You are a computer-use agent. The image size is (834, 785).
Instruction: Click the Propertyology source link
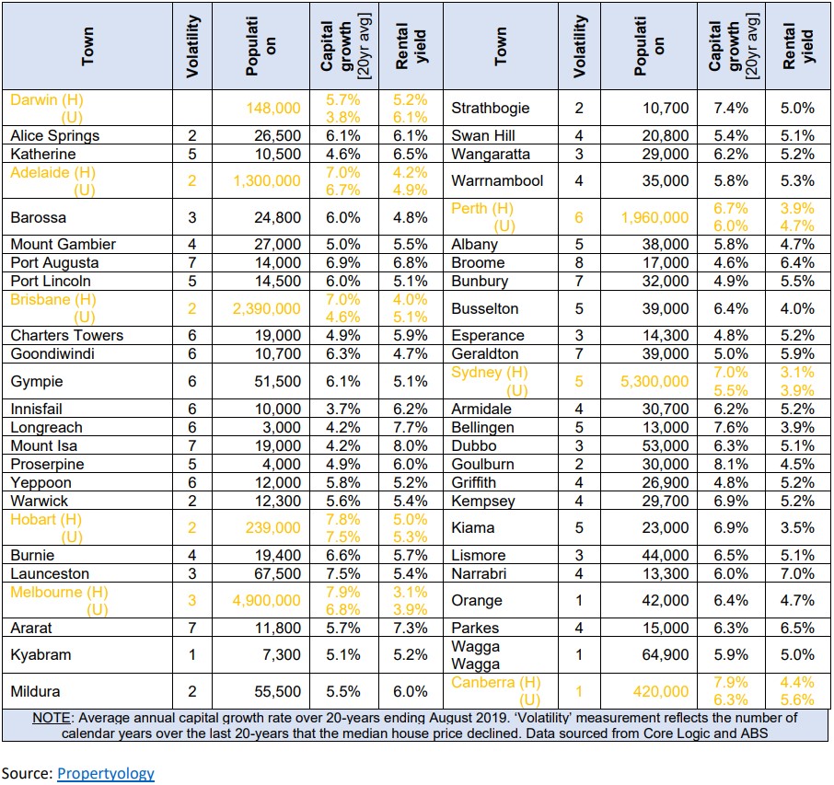(105, 773)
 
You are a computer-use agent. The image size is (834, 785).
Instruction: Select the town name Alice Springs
(55, 135)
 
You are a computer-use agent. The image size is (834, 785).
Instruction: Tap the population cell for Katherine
(278, 155)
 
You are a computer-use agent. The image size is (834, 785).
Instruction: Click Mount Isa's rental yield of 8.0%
(410, 445)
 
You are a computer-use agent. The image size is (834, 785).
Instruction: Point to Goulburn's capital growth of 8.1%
(730, 465)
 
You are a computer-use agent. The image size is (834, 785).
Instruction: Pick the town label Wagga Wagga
(476, 654)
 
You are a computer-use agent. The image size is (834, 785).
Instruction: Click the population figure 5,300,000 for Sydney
(654, 381)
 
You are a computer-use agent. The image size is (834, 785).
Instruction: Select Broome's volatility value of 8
(579, 262)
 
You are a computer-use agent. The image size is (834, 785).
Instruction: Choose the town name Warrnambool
(497, 180)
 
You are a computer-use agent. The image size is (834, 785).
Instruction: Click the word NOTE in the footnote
(51, 718)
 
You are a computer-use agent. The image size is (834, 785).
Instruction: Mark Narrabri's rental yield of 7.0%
(797, 574)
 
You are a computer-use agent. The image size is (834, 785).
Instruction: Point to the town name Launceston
(50, 574)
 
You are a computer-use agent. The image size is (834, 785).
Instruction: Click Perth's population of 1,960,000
(654, 217)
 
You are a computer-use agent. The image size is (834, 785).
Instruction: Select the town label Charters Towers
(67, 336)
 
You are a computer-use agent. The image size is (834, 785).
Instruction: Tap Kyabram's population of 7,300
(282, 654)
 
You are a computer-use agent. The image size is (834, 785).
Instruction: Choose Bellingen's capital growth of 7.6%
(730, 428)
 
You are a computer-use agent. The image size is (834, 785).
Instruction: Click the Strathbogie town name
(491, 108)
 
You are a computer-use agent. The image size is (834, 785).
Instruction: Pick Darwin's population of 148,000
(272, 108)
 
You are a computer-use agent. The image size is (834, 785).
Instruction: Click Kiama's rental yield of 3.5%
(797, 527)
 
